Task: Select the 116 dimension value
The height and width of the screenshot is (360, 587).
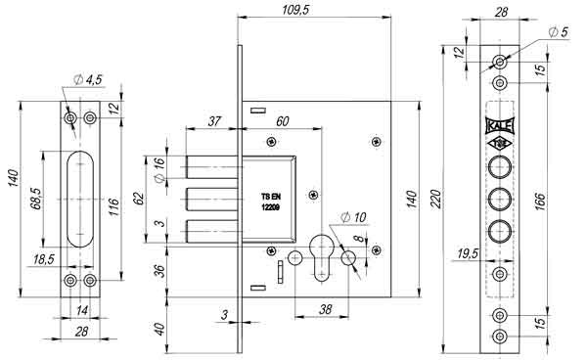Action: point(113,206)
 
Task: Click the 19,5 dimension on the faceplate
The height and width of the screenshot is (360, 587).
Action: point(467,252)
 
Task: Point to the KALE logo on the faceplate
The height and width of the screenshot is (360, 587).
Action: point(499,126)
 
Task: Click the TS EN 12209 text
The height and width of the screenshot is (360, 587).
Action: point(271,202)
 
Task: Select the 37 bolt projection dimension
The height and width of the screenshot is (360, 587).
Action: point(214,121)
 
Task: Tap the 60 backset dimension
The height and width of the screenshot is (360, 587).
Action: point(282,121)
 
